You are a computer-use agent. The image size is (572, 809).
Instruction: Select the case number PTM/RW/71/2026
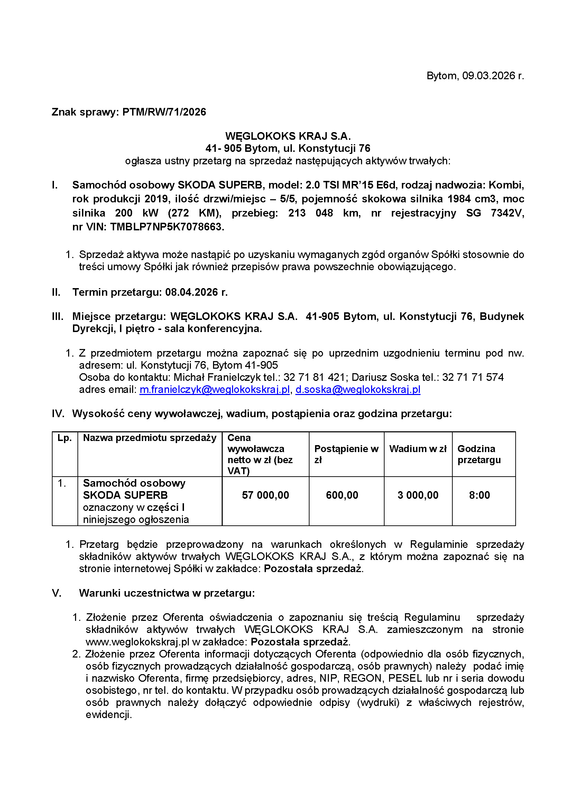click(164, 112)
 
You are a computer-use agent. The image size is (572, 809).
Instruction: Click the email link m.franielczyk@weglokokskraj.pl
click(214, 389)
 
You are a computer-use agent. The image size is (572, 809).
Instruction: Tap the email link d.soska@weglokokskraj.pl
click(358, 389)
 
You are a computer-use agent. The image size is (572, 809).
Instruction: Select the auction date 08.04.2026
click(192, 292)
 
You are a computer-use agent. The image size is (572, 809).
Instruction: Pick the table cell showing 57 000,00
click(265, 495)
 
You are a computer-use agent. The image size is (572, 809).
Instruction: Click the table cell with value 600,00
click(342, 495)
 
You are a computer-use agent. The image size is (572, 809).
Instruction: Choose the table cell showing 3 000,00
click(418, 495)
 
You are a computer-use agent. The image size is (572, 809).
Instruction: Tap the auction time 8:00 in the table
click(479, 495)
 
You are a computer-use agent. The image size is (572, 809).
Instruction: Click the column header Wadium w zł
click(418, 449)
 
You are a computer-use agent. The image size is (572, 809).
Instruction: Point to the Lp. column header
click(64, 438)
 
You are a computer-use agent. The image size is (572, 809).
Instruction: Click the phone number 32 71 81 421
click(314, 377)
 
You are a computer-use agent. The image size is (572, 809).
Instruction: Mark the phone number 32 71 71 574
click(473, 377)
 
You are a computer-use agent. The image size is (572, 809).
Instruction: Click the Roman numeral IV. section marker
click(58, 414)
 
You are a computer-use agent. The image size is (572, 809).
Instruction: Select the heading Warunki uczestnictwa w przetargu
click(167, 593)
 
